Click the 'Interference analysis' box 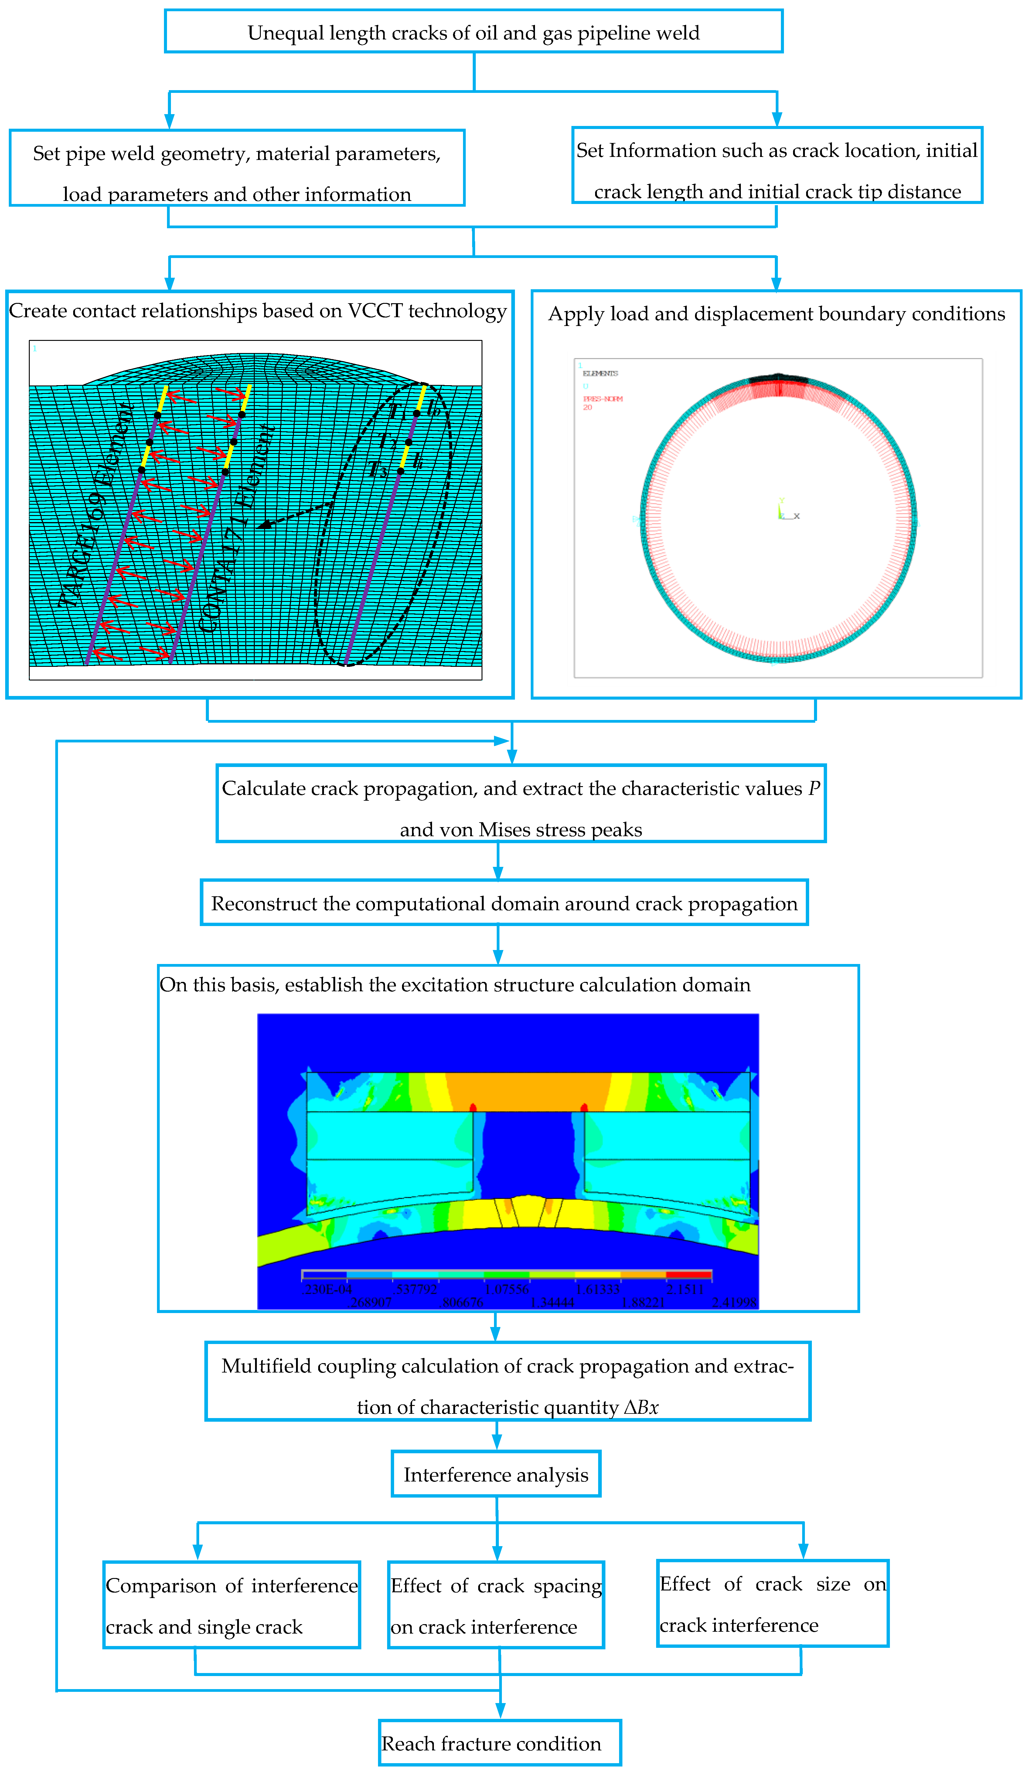pyautogui.click(x=496, y=1474)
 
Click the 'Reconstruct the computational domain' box pyautogui.click(x=504, y=903)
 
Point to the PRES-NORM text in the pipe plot pyautogui.click(x=603, y=399)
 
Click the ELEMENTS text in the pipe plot pyautogui.click(x=600, y=373)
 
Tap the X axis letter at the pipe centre pyautogui.click(x=797, y=516)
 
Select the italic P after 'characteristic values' pyautogui.click(x=814, y=788)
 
